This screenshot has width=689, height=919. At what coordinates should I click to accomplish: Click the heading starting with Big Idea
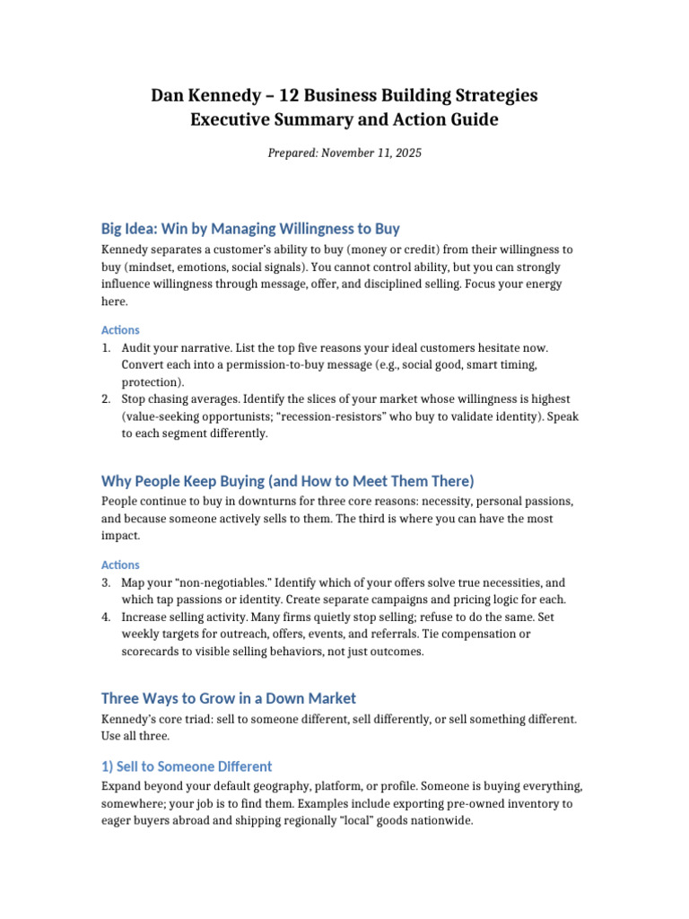point(250,228)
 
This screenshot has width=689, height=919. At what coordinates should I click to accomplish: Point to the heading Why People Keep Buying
point(287,480)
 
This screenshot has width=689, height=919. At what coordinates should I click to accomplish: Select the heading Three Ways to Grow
point(229,697)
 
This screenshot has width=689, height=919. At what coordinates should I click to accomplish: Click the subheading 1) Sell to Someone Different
point(187,766)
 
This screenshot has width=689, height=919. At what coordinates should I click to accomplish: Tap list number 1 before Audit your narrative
point(106,347)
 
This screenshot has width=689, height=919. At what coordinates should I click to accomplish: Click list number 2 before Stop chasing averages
point(106,398)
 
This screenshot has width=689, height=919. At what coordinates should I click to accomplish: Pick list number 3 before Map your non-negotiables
point(106,582)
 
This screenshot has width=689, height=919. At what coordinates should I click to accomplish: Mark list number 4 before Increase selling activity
point(106,617)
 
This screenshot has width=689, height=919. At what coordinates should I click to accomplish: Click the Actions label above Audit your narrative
point(120,329)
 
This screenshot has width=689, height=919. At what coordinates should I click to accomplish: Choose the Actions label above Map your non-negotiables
point(120,565)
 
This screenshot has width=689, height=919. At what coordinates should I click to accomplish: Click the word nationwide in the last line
point(440,820)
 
